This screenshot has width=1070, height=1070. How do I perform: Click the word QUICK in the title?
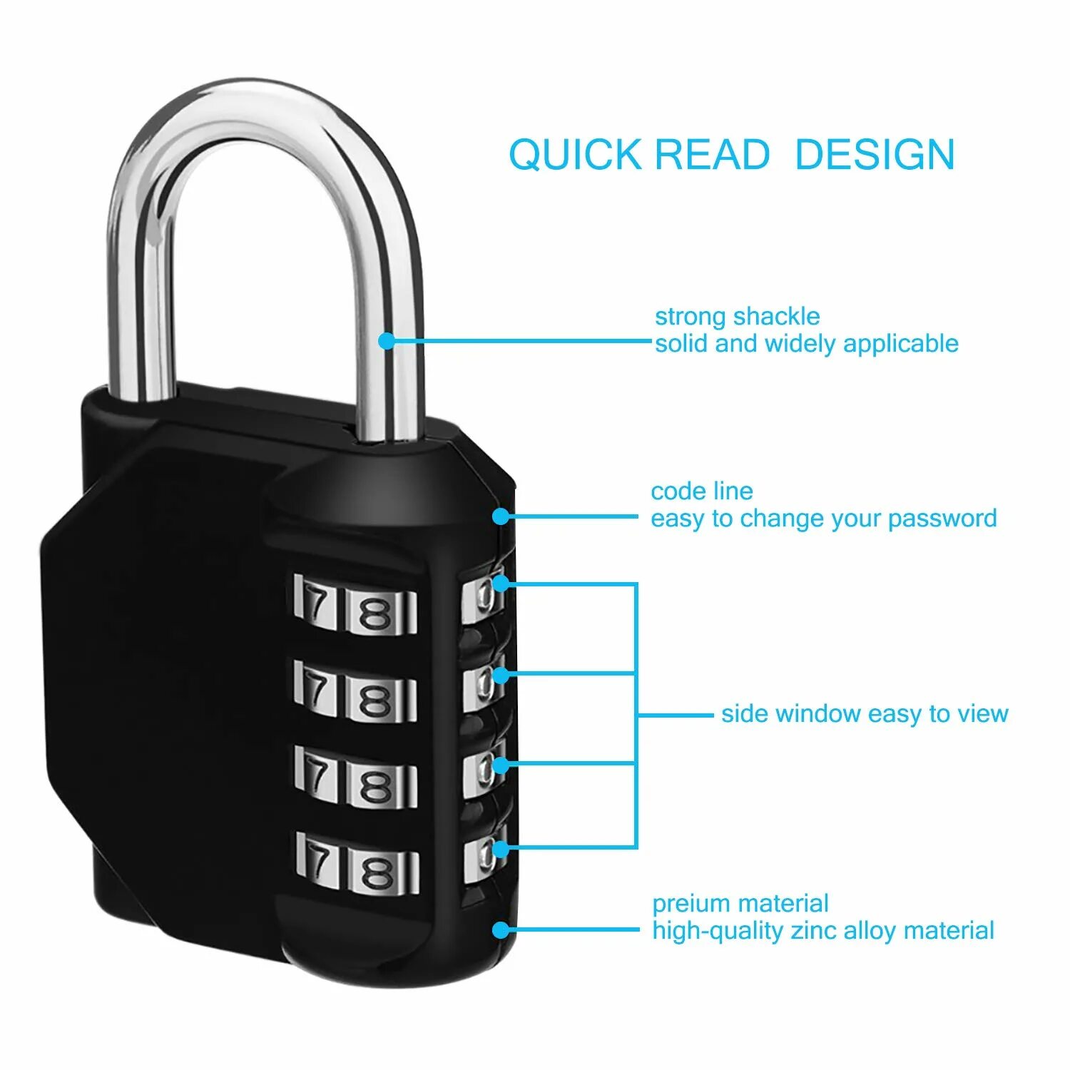(575, 155)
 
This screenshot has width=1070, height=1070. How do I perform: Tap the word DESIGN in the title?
(875, 155)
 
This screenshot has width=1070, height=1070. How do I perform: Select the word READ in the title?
(712, 155)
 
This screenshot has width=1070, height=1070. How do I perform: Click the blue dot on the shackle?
(387, 341)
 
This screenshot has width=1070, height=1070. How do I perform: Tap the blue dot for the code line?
(501, 516)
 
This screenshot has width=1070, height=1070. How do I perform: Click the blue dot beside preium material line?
(501, 930)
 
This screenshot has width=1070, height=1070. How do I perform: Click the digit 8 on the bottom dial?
(377, 871)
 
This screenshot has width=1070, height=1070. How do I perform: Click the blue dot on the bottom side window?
(501, 849)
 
